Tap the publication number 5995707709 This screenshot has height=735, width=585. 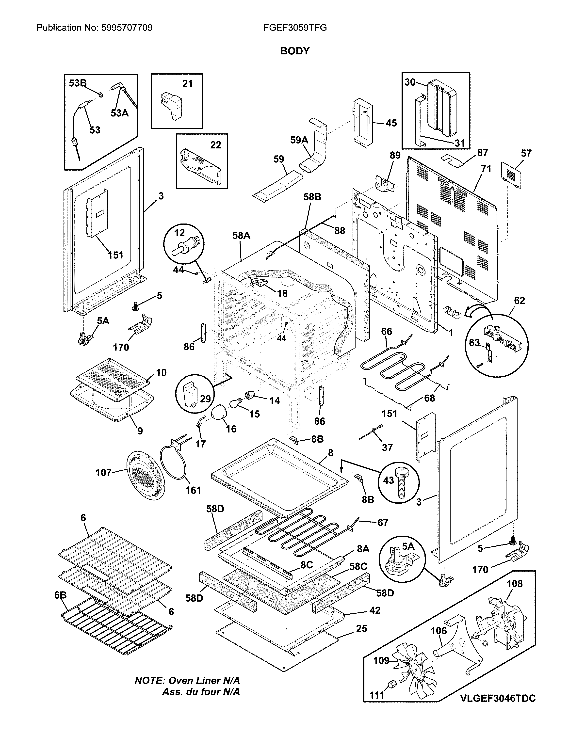tap(127, 28)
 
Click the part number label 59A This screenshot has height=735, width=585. tap(299, 140)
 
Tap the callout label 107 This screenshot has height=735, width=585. tap(103, 473)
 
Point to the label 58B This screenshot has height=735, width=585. tap(312, 197)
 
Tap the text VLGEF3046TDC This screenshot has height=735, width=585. tap(498, 715)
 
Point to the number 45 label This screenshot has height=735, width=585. tap(391, 123)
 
